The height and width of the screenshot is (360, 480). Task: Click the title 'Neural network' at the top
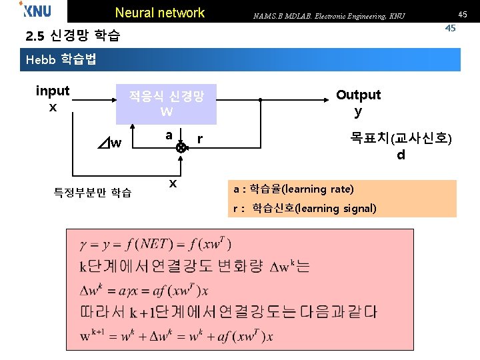[x=160, y=13]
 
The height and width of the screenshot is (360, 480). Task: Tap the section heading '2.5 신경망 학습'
[x=72, y=36]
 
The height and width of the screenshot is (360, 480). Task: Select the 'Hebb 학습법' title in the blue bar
[x=61, y=59]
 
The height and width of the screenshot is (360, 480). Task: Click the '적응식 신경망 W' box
[x=166, y=103]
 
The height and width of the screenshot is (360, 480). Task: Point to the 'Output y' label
[x=358, y=102]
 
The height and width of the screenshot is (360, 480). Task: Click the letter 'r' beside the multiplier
[x=199, y=139]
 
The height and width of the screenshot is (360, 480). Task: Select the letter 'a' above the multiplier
[x=169, y=135]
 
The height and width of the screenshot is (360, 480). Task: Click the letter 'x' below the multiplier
[x=173, y=183]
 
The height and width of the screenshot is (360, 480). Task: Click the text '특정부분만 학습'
[x=93, y=193]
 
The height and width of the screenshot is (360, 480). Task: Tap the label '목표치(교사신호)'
[x=401, y=139]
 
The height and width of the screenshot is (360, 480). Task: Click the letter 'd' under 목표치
[x=401, y=155]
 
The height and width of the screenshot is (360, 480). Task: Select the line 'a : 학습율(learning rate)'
[x=293, y=189]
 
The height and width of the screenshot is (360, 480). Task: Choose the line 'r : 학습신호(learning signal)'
[x=305, y=209]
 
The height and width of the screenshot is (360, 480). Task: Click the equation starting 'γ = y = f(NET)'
[x=156, y=245]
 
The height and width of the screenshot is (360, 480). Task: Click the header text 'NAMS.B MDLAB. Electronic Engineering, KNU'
[x=329, y=15]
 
